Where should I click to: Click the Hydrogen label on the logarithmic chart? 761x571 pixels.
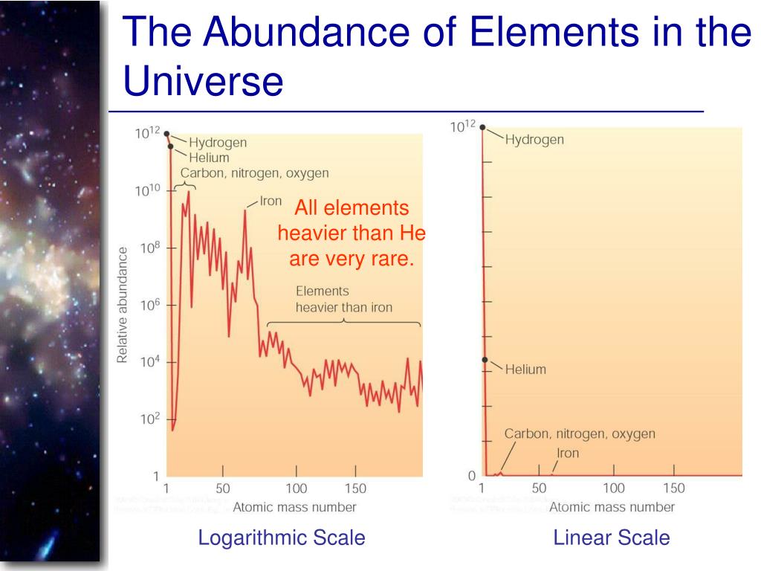(217, 142)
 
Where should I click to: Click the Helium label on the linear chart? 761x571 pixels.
(525, 369)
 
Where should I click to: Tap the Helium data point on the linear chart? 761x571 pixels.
(484, 360)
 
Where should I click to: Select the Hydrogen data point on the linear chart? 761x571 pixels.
(482, 127)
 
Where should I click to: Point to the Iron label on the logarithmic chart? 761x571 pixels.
(270, 201)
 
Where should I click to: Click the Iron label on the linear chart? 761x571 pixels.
(568, 453)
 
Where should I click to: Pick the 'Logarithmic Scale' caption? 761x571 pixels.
(282, 538)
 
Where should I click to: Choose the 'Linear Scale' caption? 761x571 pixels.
(612, 538)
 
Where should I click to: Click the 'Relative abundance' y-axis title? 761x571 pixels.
(123, 305)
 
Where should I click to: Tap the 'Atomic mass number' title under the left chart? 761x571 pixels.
(294, 507)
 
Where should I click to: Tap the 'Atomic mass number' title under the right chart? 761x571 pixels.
(612, 507)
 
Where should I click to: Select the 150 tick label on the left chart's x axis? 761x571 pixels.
(355, 488)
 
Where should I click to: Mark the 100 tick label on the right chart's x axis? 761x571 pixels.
(614, 488)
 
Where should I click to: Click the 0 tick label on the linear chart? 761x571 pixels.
(471, 475)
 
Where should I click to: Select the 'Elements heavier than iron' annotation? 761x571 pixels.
(343, 299)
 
